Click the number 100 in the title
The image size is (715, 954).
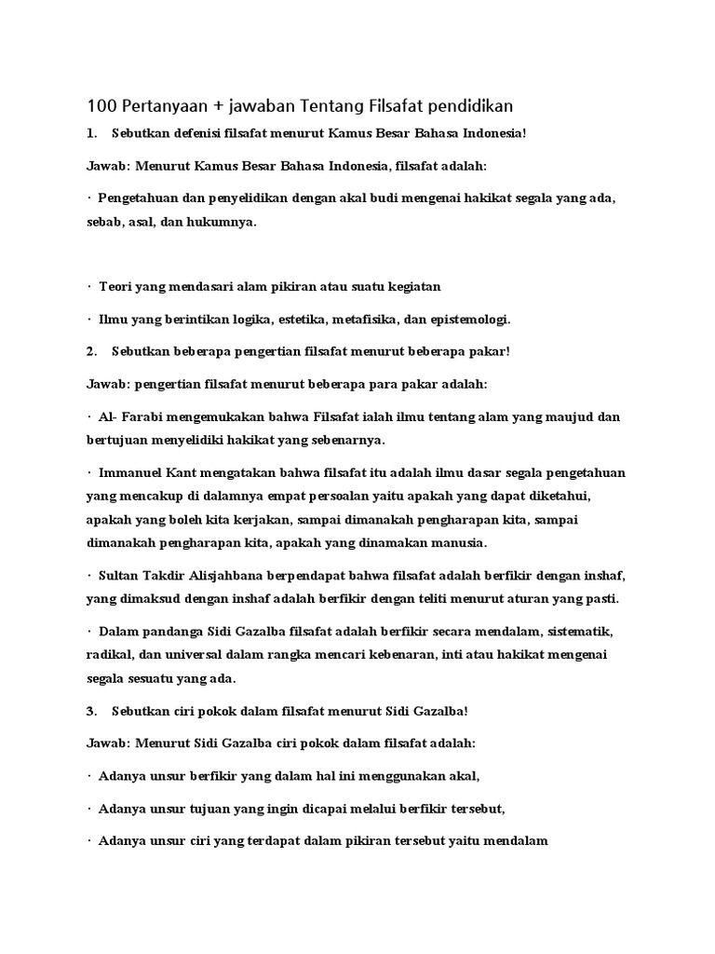click(x=101, y=105)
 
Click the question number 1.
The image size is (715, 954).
click(x=90, y=134)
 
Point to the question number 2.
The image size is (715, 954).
click(x=90, y=352)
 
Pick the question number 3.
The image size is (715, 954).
click(x=90, y=711)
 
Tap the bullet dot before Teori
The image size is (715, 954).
click(x=89, y=287)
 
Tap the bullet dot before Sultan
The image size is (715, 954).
click(x=89, y=576)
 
